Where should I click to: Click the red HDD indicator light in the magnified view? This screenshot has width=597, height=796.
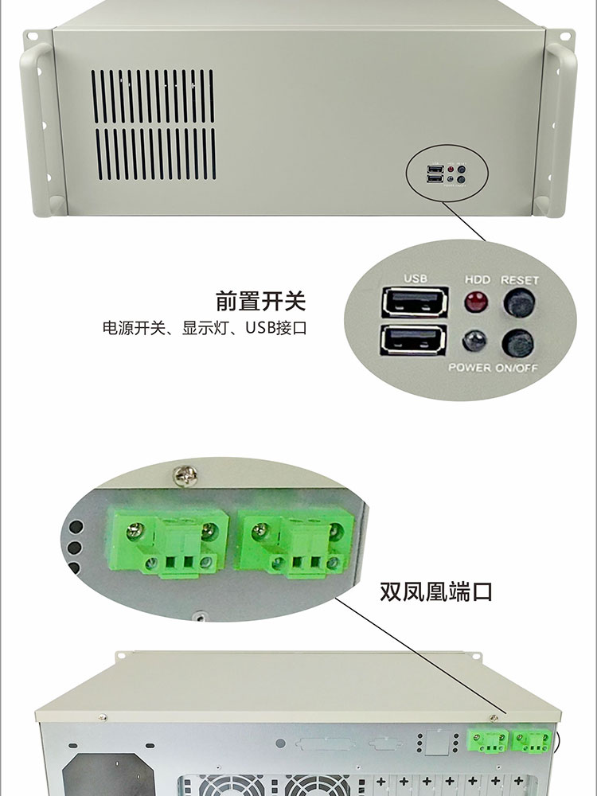(x=476, y=302)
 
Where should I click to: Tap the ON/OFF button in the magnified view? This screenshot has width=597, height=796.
(x=518, y=343)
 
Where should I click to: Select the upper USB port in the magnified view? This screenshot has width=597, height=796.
(x=415, y=302)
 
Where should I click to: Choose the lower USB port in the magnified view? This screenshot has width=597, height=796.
(x=413, y=340)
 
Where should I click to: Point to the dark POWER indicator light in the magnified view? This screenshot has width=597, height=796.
(x=474, y=341)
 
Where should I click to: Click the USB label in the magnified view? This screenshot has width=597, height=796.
(x=416, y=278)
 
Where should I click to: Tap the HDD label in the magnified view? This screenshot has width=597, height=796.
(x=478, y=279)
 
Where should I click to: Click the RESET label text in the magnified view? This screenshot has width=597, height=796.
(x=520, y=280)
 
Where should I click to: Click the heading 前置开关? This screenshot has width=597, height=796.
(x=261, y=301)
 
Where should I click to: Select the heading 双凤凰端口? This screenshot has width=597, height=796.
(x=436, y=592)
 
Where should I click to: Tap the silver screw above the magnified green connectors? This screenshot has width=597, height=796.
(x=185, y=476)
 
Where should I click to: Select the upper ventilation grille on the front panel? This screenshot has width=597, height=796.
(x=153, y=96)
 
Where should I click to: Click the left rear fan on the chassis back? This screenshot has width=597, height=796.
(x=231, y=786)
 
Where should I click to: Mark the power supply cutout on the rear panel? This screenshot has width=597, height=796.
(x=108, y=775)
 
